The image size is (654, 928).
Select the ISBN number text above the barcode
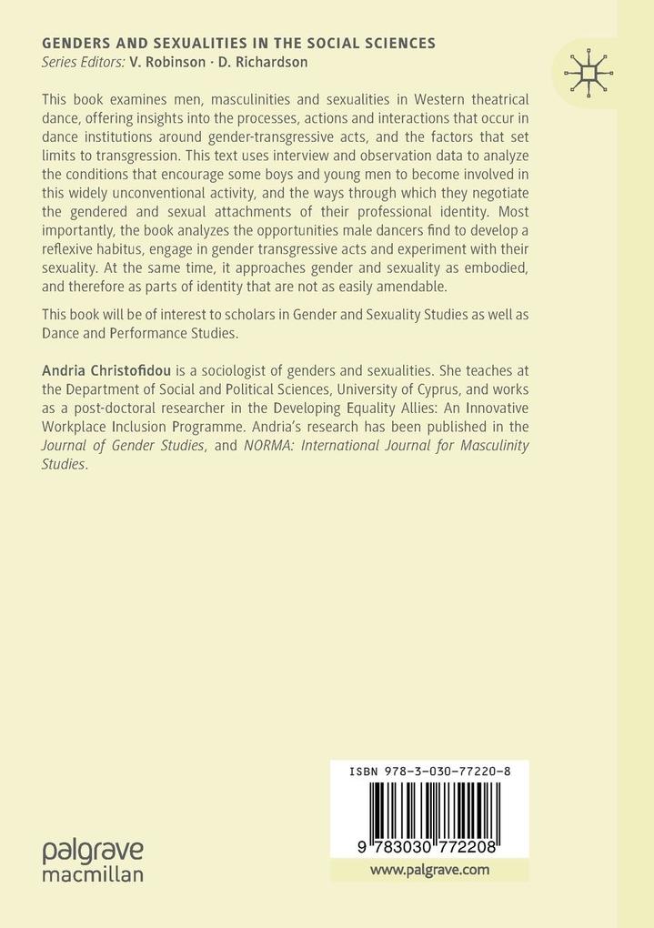pyautogui.click(x=429, y=771)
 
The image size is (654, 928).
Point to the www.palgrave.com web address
pyautogui.click(x=429, y=869)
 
